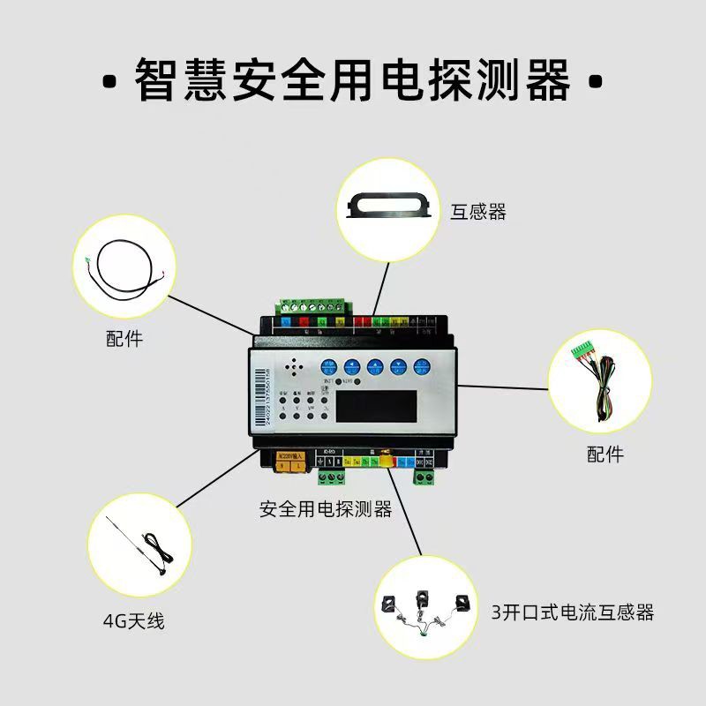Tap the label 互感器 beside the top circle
coord(478,212)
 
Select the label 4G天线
coord(133,621)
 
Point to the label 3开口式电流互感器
coord(573,612)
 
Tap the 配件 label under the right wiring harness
coord(605,454)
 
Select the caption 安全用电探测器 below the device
coord(326,509)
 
